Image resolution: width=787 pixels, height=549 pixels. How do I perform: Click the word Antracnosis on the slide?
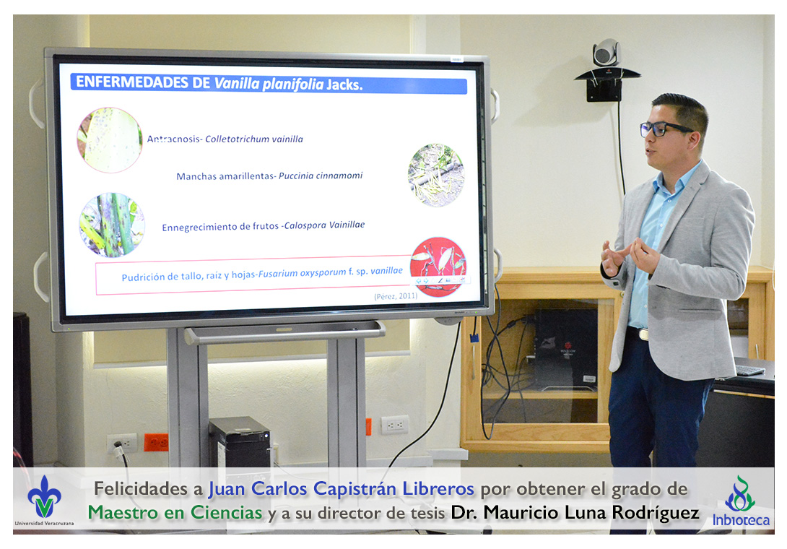[174, 139]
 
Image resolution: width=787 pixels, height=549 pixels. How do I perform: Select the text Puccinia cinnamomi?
[321, 176]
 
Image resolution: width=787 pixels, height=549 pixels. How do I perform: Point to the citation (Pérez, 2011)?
[396, 296]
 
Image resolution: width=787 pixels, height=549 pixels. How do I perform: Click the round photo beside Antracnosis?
[110, 140]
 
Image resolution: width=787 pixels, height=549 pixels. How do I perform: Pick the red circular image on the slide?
[438, 267]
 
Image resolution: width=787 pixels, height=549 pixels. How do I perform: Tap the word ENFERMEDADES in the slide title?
[143, 82]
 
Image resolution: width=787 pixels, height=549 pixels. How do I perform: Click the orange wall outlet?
[156, 443]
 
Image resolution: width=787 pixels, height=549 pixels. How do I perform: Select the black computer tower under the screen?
[240, 442]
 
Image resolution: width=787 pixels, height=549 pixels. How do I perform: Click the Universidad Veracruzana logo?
[44, 501]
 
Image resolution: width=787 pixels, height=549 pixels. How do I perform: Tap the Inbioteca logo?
[741, 501]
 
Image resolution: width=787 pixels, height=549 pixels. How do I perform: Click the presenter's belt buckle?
[643, 334]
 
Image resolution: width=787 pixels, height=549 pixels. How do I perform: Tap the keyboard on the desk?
[749, 371]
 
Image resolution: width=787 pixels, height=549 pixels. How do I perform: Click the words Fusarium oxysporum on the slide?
[302, 273]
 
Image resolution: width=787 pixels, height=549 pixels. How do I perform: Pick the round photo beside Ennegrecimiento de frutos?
[112, 225]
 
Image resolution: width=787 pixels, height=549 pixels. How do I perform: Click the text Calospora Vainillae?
[324, 225]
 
